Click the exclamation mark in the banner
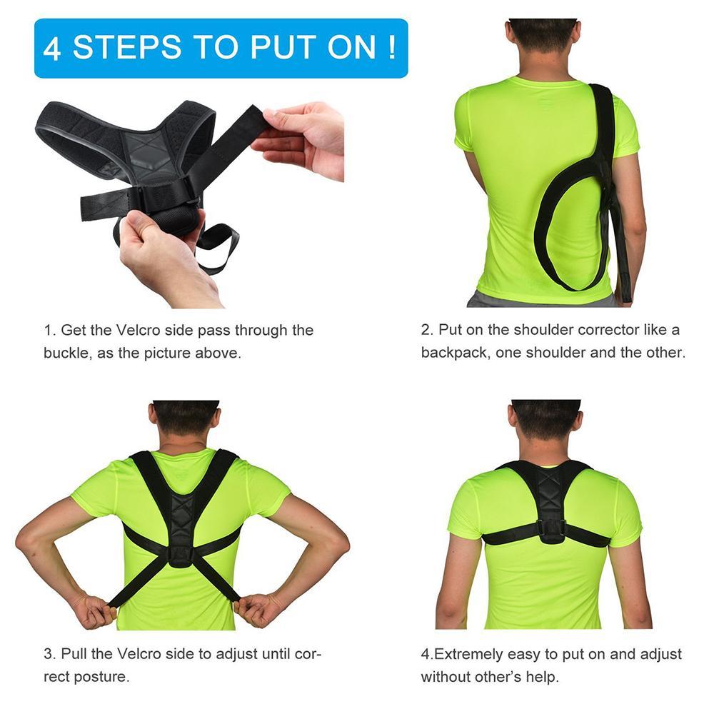click(392, 49)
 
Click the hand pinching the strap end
click(303, 136)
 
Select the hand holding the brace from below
click(161, 253)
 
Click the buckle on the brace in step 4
click(550, 529)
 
